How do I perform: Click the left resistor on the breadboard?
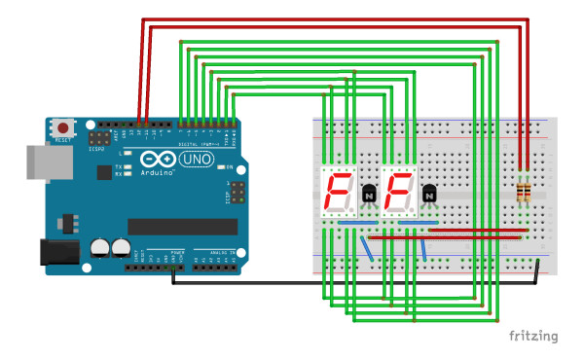point(521,192)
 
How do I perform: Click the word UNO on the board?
point(199,159)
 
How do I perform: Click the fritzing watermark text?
point(534,337)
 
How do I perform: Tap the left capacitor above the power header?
point(100,248)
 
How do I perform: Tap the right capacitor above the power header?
point(121,248)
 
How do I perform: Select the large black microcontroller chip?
point(183,226)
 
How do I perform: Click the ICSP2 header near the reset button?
point(96,137)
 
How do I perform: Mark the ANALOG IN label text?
point(216,252)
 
